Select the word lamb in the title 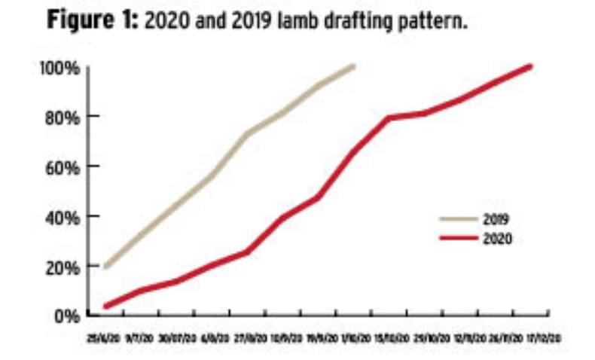[282, 20]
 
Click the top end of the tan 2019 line [353, 66]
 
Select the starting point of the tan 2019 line [106, 267]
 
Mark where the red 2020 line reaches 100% [530, 66]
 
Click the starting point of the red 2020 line [106, 306]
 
